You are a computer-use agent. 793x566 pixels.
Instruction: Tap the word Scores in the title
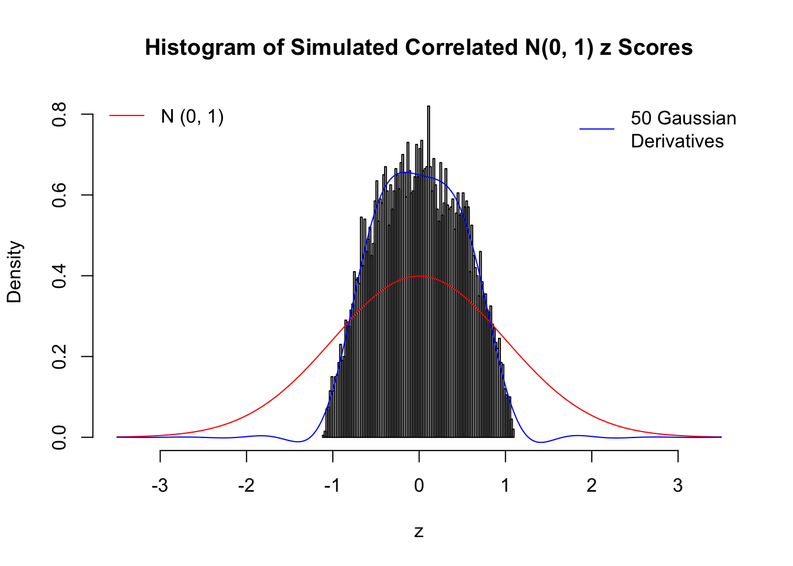click(x=655, y=48)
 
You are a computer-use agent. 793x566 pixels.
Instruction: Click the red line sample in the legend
click(x=127, y=116)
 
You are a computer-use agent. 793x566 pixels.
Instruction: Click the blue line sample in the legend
click(x=597, y=129)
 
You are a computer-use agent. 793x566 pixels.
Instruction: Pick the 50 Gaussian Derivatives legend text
click(x=683, y=130)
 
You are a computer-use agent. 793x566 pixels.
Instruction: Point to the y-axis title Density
click(x=15, y=272)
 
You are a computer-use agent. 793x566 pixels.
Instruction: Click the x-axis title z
click(x=419, y=532)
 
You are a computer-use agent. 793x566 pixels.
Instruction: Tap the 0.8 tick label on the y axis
click(x=59, y=114)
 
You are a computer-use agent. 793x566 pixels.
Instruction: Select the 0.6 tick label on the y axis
click(x=59, y=195)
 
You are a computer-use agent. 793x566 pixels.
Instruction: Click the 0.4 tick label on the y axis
click(x=59, y=276)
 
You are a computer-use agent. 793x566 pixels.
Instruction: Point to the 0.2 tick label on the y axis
click(x=59, y=357)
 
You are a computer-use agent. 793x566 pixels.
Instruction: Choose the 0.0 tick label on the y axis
click(x=59, y=437)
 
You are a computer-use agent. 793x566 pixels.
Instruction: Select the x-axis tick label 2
click(x=592, y=486)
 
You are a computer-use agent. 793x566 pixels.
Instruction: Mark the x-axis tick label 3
click(x=678, y=486)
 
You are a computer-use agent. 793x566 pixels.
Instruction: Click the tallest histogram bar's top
click(x=428, y=107)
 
